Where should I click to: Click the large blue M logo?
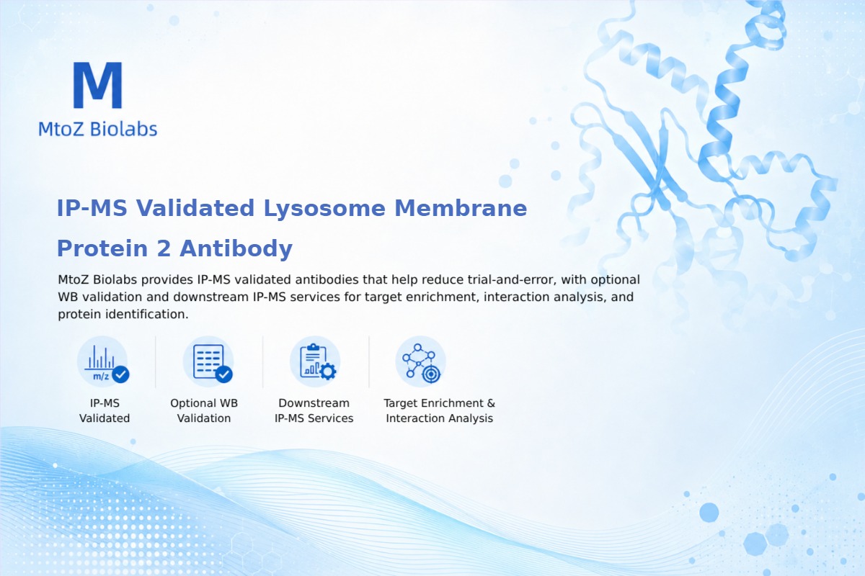98,85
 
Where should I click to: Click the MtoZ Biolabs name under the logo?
98,129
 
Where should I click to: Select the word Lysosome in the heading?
324,209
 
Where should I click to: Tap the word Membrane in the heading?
461,208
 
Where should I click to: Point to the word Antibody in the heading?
236,249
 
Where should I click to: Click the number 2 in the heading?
164,248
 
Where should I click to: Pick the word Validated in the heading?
195,208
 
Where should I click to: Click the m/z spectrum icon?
102,362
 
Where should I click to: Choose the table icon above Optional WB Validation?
208,362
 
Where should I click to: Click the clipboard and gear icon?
315,362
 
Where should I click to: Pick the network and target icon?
420,362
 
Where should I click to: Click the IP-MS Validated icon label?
105,410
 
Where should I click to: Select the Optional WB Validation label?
204,410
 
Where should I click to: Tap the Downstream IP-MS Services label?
314,410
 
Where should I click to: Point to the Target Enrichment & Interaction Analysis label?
440,410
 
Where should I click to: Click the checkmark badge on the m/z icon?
120,374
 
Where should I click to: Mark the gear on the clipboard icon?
328,372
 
